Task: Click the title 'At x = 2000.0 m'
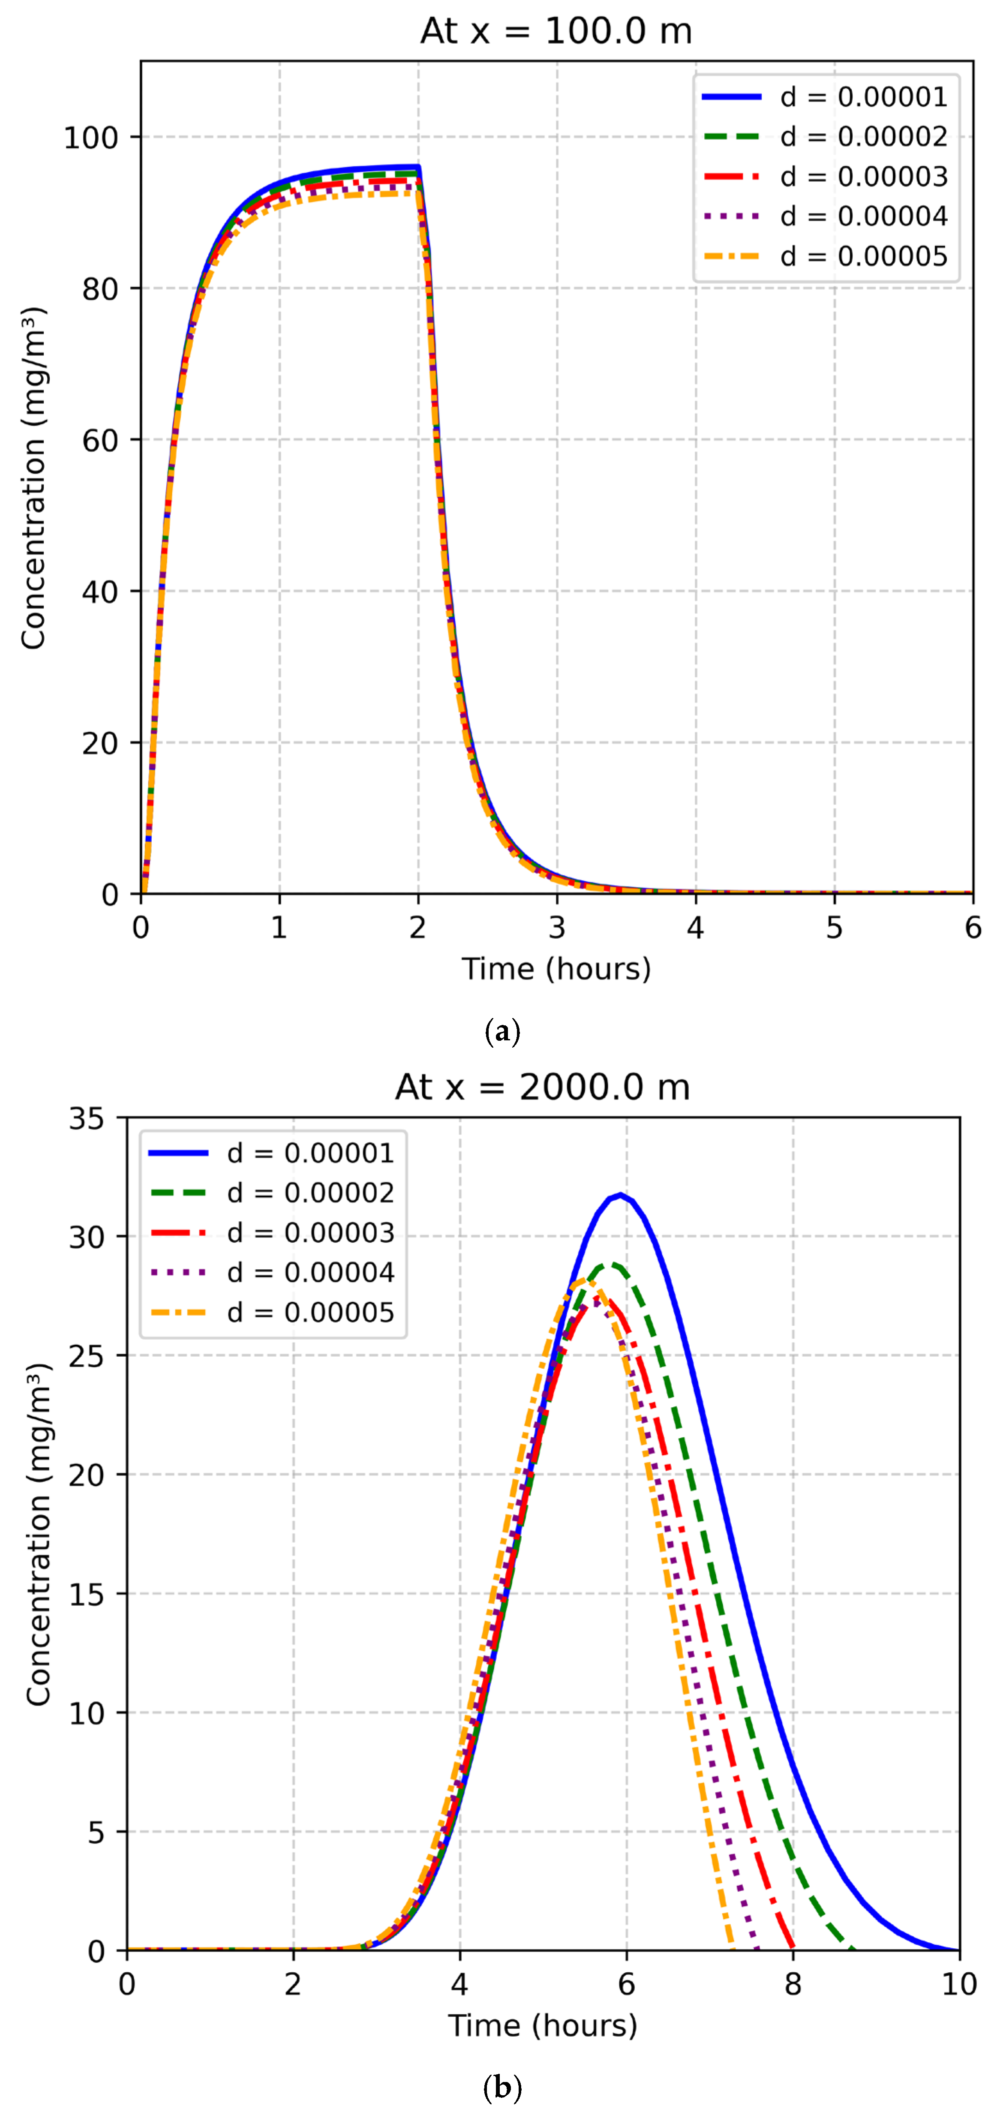[543, 1087]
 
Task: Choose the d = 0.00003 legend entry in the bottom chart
[271, 1232]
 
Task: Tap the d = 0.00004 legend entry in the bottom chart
[271, 1272]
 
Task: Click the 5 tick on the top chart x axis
[834, 928]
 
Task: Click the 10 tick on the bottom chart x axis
[958, 1984]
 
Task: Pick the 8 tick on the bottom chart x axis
[793, 1984]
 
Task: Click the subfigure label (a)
[502, 1031]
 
